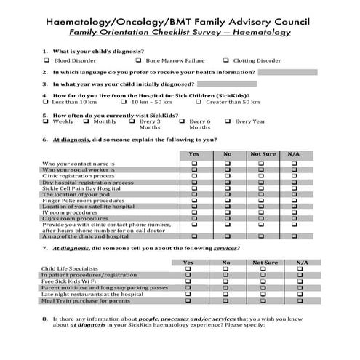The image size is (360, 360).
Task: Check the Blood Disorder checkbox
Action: click(47, 60)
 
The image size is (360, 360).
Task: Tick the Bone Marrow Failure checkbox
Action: click(139, 60)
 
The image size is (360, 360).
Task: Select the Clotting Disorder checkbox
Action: click(226, 60)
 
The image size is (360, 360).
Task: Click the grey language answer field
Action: click(288, 72)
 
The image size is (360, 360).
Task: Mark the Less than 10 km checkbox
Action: click(47, 102)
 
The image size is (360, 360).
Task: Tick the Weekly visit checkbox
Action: click(47, 121)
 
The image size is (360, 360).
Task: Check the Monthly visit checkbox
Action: click(87, 121)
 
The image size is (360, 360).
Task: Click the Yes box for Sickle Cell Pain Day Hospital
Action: click(193, 188)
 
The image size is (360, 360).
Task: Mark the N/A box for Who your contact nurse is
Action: click(294, 164)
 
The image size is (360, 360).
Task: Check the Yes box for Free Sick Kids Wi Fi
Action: click(188, 281)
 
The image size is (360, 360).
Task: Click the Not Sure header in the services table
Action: click(265, 262)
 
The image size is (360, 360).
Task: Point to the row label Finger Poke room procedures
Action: click(83, 200)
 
